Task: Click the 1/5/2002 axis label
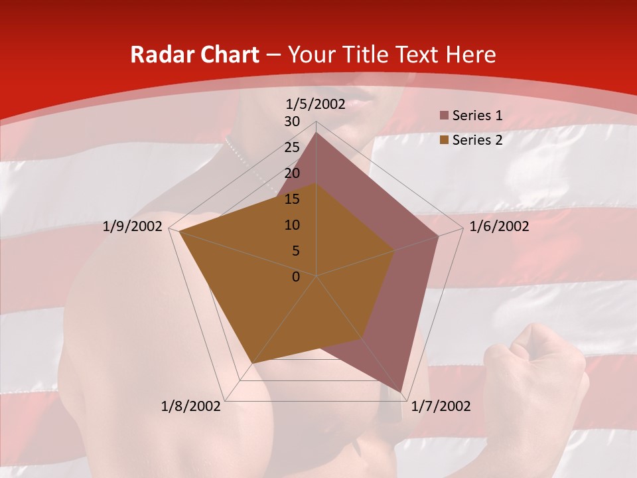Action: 316,104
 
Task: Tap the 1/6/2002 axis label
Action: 499,226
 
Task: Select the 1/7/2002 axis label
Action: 441,406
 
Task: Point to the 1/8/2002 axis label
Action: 191,406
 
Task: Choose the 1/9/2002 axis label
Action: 133,226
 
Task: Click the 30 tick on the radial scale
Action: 292,121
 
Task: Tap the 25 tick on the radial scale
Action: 292,147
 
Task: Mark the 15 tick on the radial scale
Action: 292,199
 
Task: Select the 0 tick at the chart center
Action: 296,277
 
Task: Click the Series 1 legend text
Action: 477,116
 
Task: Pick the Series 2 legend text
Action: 477,139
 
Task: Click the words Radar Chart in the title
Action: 194,55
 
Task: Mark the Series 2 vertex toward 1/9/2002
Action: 179,232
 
